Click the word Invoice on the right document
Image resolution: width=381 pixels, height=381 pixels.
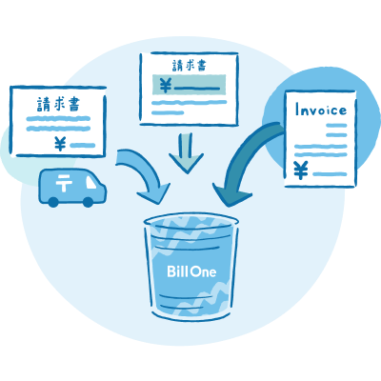tap(321, 110)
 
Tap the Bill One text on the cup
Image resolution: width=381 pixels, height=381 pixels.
tap(191, 271)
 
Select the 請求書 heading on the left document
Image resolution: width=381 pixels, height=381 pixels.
tap(58, 104)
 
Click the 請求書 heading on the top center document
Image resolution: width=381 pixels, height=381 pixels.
tap(190, 66)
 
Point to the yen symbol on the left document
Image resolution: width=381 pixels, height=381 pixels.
tap(60, 144)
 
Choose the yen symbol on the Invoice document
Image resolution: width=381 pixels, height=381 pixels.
tap(300, 170)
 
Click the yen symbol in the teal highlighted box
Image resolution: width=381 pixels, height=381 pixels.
tap(165, 85)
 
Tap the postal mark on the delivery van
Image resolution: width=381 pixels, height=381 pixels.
tap(64, 183)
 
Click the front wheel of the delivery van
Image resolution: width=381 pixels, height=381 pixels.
tap(88, 202)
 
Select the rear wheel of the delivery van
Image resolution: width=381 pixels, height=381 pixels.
tap(53, 202)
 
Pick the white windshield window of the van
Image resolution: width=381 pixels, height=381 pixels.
tap(90, 182)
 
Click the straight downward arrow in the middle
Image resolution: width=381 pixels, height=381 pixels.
tap(187, 153)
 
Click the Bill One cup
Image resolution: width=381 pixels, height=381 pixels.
tap(191, 268)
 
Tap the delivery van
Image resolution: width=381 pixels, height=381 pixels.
tap(72, 188)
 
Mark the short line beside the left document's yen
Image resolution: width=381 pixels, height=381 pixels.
tap(83, 146)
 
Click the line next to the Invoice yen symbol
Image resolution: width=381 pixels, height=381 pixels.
tap(330, 174)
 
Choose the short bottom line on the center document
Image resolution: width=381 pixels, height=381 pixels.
tap(168, 112)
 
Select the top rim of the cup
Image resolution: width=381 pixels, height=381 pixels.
tap(191, 220)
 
